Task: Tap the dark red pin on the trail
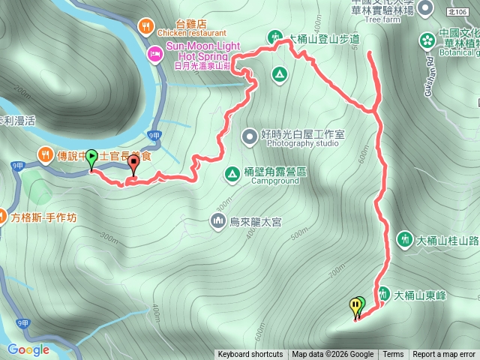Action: (134, 162)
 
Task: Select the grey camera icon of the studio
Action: (249, 136)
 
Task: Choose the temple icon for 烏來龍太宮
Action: (217, 220)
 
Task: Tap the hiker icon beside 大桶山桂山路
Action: (405, 240)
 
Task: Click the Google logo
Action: (28, 349)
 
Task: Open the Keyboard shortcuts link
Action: (250, 355)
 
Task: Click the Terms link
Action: (393, 355)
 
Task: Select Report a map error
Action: (444, 355)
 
